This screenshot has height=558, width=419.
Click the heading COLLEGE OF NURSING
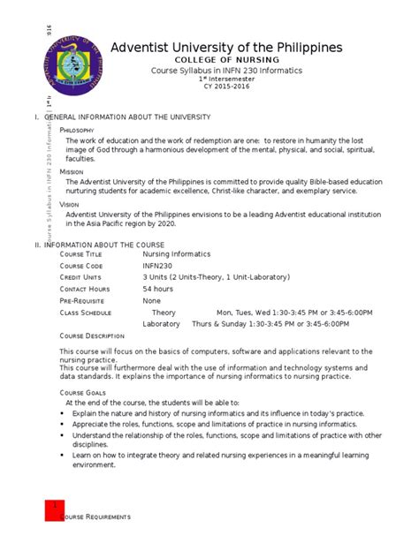click(225, 60)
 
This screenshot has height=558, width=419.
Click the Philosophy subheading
click(76, 131)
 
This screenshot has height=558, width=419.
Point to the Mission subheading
click(71, 171)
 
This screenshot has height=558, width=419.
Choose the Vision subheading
click(69, 204)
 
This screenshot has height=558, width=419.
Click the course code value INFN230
click(161, 266)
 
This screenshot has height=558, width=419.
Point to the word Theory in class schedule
click(164, 312)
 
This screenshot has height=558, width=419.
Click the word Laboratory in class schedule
click(161, 323)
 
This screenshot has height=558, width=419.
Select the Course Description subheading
click(92, 336)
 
